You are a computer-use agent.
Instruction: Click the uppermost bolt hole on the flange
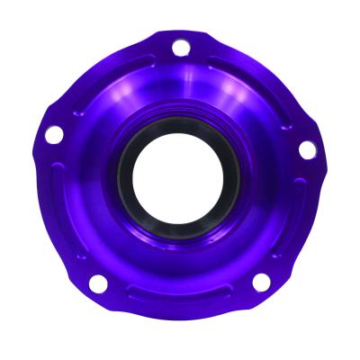click(180, 47)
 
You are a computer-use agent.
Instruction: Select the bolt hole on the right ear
click(308, 149)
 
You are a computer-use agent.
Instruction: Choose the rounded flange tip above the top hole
click(180, 33)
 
